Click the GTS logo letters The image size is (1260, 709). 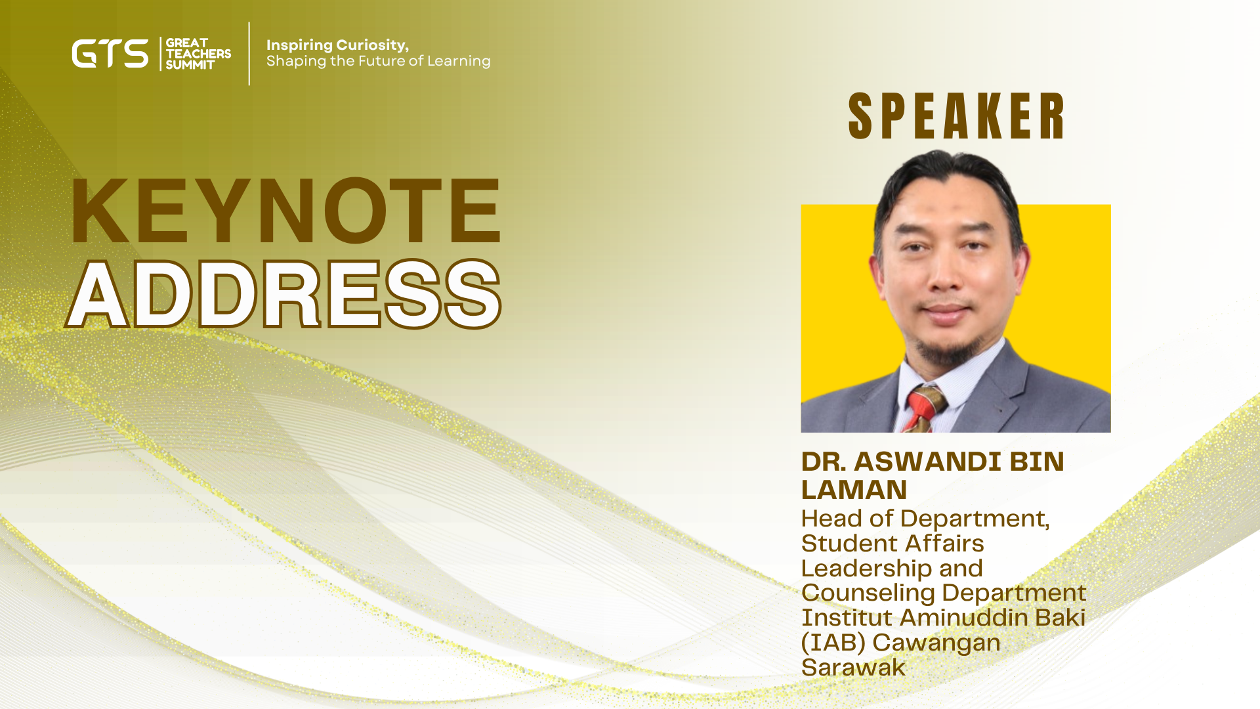coord(110,54)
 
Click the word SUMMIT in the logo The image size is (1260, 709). coord(190,65)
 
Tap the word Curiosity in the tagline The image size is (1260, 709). coord(372,45)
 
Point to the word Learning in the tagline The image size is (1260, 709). coord(459,61)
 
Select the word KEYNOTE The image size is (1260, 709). coord(286,211)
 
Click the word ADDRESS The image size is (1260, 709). coord(283,294)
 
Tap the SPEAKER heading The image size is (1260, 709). coord(956,116)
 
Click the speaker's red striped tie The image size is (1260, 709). coord(925,409)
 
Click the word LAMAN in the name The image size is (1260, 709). coord(854,490)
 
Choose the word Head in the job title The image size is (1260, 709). coord(831,519)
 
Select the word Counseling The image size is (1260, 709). coord(868,593)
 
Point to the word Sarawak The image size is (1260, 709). coord(853,668)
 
